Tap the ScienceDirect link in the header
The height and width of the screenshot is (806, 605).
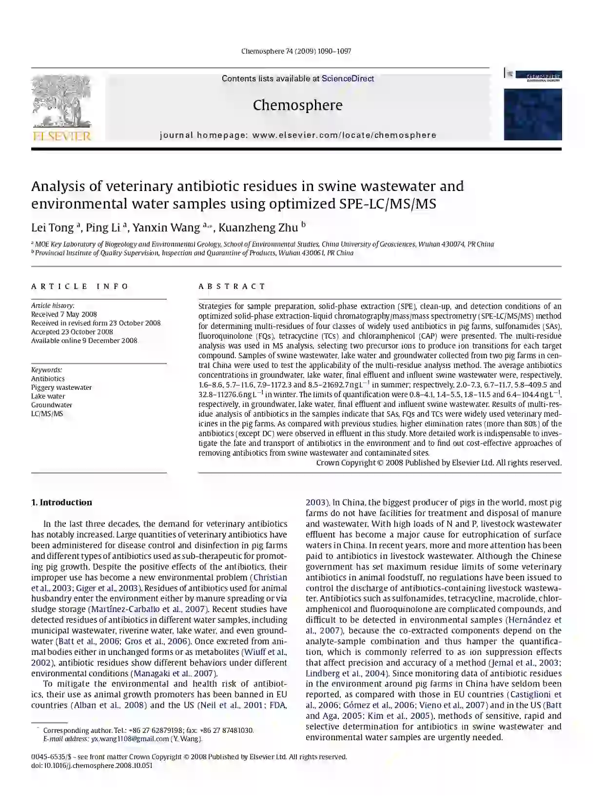tap(348, 78)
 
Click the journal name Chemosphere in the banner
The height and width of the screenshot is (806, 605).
tap(297, 105)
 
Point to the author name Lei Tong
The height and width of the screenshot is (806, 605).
tap(52, 228)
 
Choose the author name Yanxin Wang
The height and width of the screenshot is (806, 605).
tap(166, 228)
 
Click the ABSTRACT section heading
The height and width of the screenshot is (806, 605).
tap(232, 287)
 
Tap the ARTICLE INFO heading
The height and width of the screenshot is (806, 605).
tap(80, 287)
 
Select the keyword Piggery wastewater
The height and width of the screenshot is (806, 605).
tap(61, 387)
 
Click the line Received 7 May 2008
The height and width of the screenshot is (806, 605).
tap(64, 314)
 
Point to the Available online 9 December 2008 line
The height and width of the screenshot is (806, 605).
tap(84, 341)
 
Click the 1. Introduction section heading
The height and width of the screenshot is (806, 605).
tap(61, 502)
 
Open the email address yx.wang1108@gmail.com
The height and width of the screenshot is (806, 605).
tap(130, 739)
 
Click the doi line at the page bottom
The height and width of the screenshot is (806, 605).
tap(92, 766)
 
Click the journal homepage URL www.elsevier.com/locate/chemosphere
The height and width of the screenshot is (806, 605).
tap(344, 135)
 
